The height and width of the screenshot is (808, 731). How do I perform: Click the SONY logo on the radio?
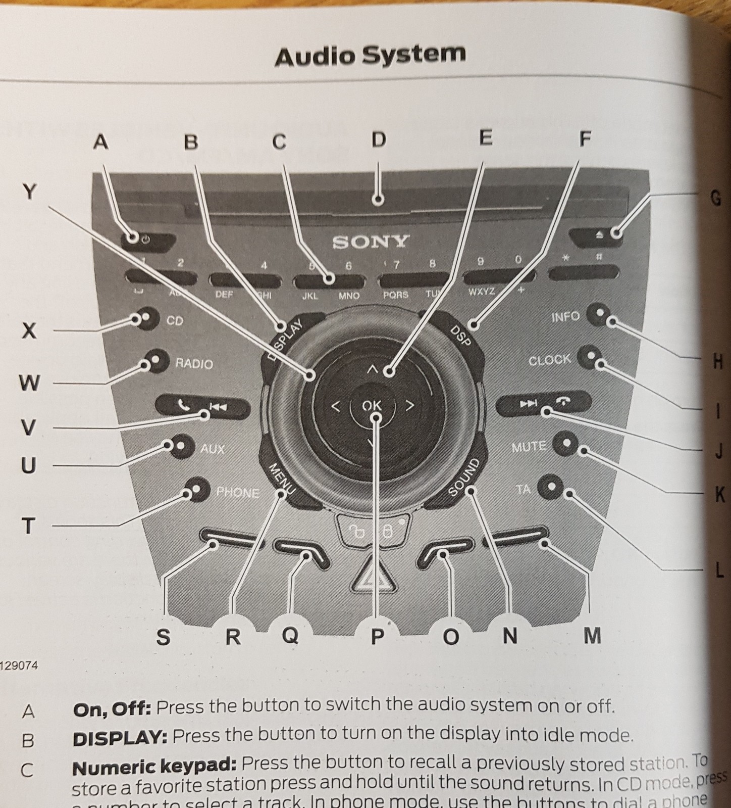pyautogui.click(x=370, y=242)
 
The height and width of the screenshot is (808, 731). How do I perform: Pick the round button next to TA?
pyautogui.click(x=551, y=487)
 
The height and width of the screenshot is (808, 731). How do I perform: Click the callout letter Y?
pyautogui.click(x=30, y=192)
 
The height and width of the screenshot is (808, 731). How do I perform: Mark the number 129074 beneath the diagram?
pyautogui.click(x=19, y=666)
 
